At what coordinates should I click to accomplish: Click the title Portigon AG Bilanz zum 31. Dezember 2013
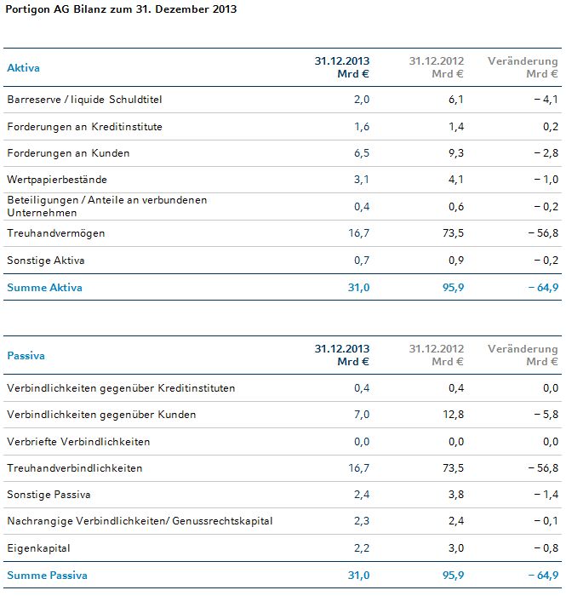tap(122, 9)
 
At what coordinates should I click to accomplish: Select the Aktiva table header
tap(23, 67)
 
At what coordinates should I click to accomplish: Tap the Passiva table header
tap(26, 355)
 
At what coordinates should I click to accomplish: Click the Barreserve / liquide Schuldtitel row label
tap(83, 100)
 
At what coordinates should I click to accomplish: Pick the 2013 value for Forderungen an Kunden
tap(361, 153)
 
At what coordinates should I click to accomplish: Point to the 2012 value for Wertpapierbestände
tap(455, 180)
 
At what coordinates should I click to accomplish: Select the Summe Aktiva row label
tap(44, 288)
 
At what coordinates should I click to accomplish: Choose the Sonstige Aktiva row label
tap(45, 260)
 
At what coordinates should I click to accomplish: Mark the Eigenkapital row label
tap(38, 547)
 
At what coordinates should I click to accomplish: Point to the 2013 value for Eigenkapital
tap(361, 547)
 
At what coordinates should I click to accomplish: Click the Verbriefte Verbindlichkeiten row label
tap(78, 442)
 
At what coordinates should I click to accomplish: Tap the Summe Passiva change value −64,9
tap(540, 576)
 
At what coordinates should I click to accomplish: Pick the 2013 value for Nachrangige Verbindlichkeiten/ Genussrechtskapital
tap(361, 521)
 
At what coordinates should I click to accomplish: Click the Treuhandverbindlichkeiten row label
tap(74, 468)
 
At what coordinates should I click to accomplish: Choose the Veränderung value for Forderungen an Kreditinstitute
tap(550, 127)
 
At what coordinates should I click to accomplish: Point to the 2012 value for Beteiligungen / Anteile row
tap(455, 206)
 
